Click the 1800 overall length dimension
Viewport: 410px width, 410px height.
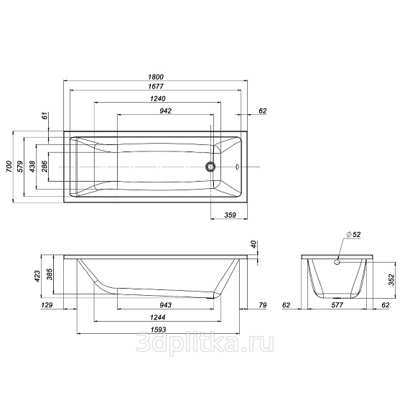(x=156, y=77)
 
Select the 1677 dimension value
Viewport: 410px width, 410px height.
(x=156, y=86)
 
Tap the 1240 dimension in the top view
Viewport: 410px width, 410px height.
(x=158, y=98)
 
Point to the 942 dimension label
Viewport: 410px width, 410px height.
(x=166, y=111)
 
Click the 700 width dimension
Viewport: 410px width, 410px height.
(x=9, y=167)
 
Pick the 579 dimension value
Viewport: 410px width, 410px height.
(x=20, y=167)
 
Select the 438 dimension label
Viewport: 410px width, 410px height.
(x=32, y=167)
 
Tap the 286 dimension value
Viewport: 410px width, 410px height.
(x=45, y=167)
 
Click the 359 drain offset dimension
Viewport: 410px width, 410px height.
(x=230, y=215)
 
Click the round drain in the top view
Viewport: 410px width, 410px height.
(x=210, y=167)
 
